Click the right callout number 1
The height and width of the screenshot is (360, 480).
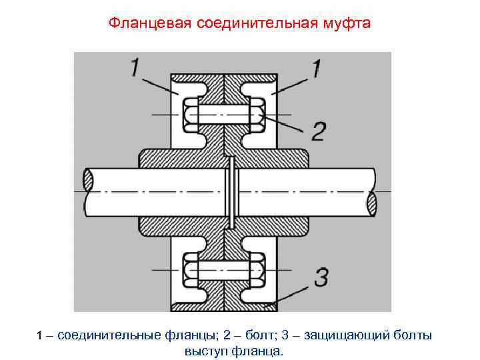coord(315,69)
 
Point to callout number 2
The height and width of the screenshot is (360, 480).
coord(318,131)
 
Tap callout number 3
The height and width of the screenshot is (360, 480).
coord(321,277)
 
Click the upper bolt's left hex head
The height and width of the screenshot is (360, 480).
coord(190,115)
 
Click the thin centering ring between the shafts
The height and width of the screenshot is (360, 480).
coord(230,191)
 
